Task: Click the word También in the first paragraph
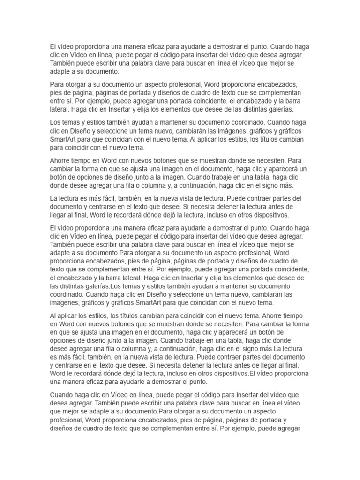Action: [64, 64]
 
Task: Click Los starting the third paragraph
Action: [56, 122]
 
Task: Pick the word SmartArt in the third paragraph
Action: [65, 139]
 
